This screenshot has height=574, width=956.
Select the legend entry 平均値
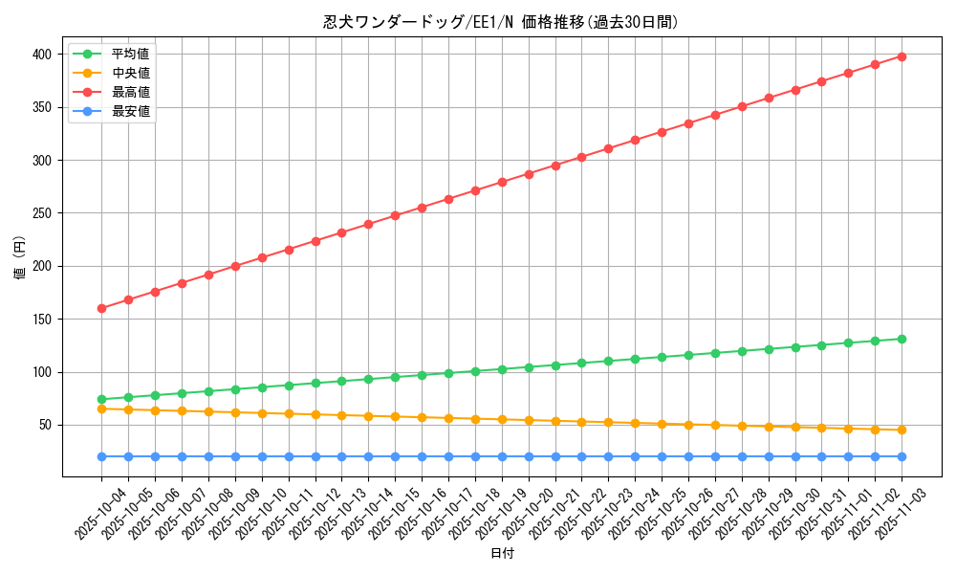click(x=130, y=54)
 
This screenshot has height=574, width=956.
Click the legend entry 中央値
click(x=130, y=73)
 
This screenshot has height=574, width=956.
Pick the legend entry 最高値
click(x=130, y=92)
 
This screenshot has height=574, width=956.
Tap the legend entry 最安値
click(x=130, y=111)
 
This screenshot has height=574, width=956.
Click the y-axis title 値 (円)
click(x=20, y=259)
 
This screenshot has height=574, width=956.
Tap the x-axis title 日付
click(x=501, y=554)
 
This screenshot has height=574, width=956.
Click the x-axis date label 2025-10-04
click(x=88, y=515)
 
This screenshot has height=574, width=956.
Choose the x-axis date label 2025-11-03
click(x=888, y=515)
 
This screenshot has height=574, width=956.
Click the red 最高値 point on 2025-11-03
click(x=902, y=56)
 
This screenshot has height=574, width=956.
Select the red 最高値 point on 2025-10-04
click(x=101, y=308)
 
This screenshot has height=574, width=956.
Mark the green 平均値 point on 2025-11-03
click(x=902, y=339)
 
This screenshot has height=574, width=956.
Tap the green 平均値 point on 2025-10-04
click(x=101, y=399)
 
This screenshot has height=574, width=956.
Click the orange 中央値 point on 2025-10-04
click(x=101, y=408)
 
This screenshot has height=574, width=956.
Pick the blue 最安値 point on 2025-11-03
click(x=902, y=456)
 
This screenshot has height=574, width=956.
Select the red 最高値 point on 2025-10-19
click(x=502, y=182)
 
